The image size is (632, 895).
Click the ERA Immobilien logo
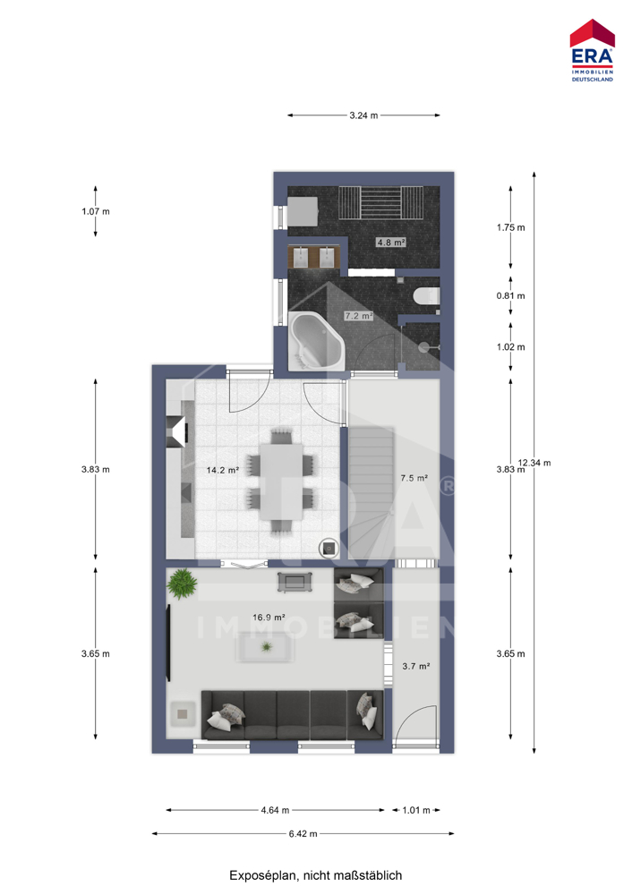[x=592, y=50]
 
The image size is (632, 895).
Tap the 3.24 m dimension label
[x=363, y=115]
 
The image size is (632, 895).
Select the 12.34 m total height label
[x=534, y=463]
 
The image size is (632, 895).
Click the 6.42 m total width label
[x=303, y=834]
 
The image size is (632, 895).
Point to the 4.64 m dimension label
[x=275, y=810]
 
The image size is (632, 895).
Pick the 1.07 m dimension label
[x=96, y=211]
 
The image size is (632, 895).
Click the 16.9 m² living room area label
[x=269, y=617]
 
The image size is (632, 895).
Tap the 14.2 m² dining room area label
[x=223, y=471]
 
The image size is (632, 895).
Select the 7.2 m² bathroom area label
[x=359, y=315]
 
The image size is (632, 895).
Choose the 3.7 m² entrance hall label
[x=416, y=666]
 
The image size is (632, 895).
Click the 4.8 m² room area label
[x=391, y=242]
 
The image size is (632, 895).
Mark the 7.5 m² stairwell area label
[x=414, y=478]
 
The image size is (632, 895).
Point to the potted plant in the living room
[x=182, y=584]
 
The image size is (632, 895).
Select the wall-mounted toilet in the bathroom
[x=426, y=296]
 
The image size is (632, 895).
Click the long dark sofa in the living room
[x=293, y=714]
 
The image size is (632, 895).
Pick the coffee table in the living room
[x=266, y=647]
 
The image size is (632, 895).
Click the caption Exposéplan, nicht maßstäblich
[x=316, y=875]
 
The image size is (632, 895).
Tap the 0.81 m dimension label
[x=511, y=295]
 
